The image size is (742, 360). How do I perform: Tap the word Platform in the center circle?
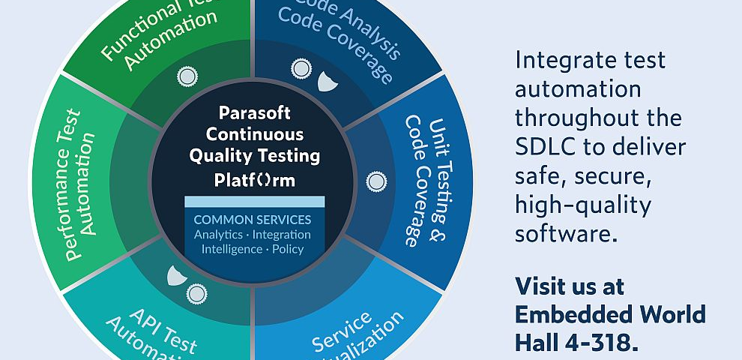click(254, 180)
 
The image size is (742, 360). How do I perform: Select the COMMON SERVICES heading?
click(253, 220)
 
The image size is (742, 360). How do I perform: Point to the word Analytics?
click(218, 235)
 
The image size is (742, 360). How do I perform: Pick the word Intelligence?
click(232, 249)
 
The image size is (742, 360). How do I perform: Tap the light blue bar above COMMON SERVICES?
click(254, 202)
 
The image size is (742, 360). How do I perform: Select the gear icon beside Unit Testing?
click(375, 181)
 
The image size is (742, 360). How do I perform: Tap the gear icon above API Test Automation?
click(197, 292)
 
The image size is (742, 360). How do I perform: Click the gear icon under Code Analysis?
click(301, 70)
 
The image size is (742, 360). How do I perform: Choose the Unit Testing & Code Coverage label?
click(423, 180)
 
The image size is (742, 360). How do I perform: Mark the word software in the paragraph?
click(566, 233)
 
